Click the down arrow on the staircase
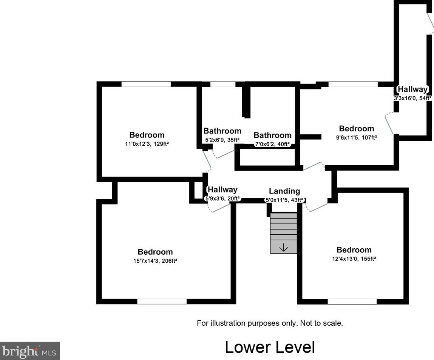pyautogui.click(x=283, y=248)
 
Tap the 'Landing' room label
pyautogui.click(x=284, y=191)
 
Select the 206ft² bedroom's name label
pyautogui.click(x=155, y=252)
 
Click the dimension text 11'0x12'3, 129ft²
pyautogui.click(x=147, y=144)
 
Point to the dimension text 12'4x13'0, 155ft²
pyautogui.click(x=354, y=259)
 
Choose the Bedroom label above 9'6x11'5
pyautogui.click(x=356, y=129)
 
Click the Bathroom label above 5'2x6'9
pyautogui.click(x=222, y=131)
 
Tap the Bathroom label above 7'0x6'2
pyautogui.click(x=272, y=135)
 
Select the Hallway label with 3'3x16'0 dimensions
pyautogui.click(x=412, y=89)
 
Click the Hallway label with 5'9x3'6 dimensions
pyautogui.click(x=222, y=190)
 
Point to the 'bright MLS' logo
pyautogui.click(x=30, y=351)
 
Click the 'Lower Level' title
pyautogui.click(x=270, y=347)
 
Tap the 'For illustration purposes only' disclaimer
pyautogui.click(x=270, y=323)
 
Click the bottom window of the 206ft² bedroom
pyautogui.click(x=162, y=301)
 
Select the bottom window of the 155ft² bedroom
pyautogui.click(x=352, y=302)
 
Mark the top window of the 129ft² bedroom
pyautogui.click(x=146, y=84)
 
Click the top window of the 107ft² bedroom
pyautogui.click(x=353, y=84)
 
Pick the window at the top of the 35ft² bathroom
pyautogui.click(x=222, y=84)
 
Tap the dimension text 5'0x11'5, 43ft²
pyautogui.click(x=284, y=200)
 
